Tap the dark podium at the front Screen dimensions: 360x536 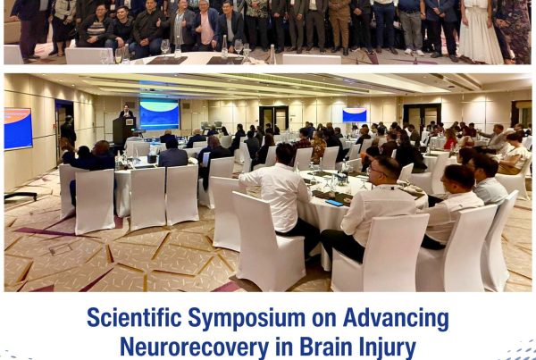click(122, 130)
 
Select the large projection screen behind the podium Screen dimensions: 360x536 click(159, 114)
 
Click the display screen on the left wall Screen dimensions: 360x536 click(18, 128)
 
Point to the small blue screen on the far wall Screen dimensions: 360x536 click(355, 115)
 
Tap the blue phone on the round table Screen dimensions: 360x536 click(333, 203)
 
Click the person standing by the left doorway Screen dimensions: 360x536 click(68, 130)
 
